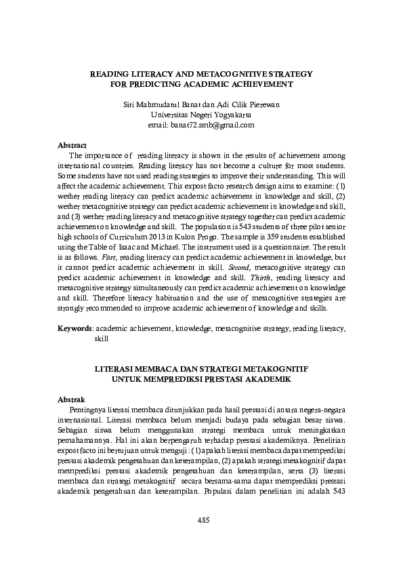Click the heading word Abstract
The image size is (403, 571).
72,145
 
